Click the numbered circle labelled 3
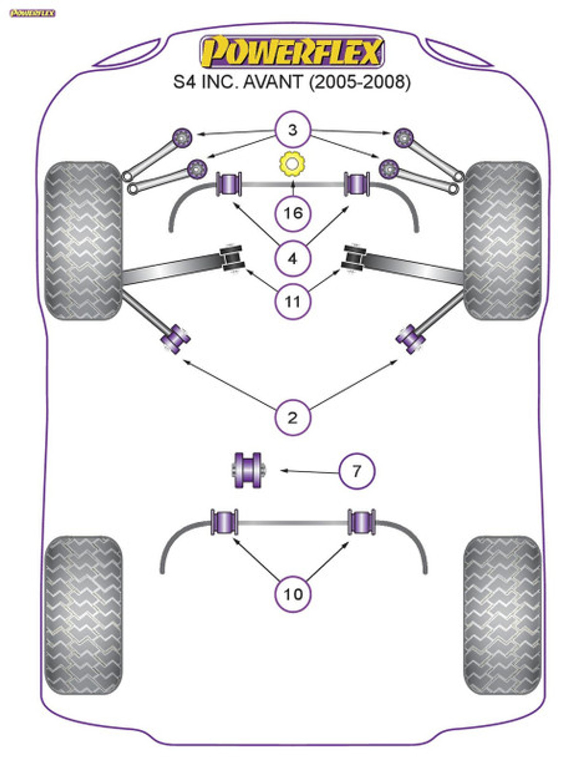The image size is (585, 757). pos(292,130)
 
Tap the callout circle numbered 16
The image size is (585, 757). pos(292,213)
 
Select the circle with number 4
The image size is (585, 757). pos(292,259)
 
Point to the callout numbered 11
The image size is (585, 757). pos(292,301)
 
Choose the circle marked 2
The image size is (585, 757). pos(292,417)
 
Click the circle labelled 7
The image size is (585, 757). pos(357,471)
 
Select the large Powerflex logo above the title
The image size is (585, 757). pos(292,52)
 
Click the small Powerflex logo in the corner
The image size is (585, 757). pos(32,13)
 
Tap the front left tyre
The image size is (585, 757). pos(83,240)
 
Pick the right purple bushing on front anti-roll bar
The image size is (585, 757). pos(357,183)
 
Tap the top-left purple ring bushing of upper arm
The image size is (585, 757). pos(182,137)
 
